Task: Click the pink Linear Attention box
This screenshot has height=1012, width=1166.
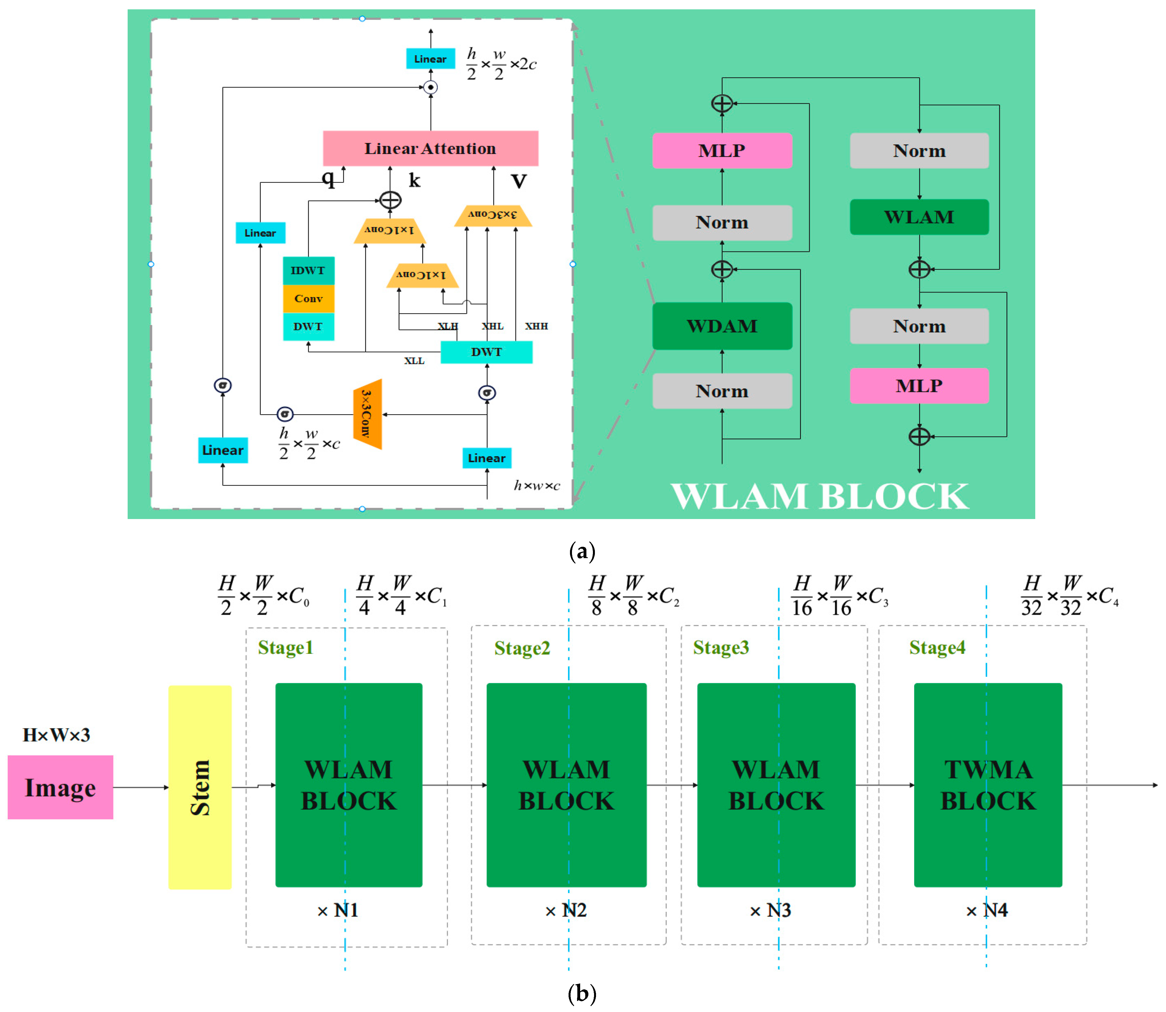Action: (430, 149)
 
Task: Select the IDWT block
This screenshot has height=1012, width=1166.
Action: (308, 270)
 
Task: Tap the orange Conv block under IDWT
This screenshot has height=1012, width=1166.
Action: (308, 298)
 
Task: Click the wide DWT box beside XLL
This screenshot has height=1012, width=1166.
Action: (486, 352)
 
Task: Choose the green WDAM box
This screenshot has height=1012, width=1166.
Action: (722, 326)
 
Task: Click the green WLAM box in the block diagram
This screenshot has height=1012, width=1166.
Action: (919, 217)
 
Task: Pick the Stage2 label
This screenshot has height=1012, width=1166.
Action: (522, 648)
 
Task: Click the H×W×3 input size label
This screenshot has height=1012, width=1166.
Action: (56, 735)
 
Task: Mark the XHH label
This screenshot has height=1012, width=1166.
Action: (536, 326)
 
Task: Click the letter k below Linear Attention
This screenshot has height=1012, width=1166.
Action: (414, 181)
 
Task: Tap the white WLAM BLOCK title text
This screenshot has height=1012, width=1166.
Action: (820, 496)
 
